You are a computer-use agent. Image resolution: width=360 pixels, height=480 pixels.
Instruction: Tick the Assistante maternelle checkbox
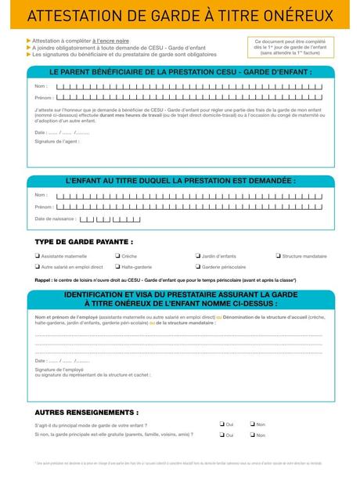38,256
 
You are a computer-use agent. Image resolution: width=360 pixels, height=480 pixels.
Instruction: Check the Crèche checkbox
117,256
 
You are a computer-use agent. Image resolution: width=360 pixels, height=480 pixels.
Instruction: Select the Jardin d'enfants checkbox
197,256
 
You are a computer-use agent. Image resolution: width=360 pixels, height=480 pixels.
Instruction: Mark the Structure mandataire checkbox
278,256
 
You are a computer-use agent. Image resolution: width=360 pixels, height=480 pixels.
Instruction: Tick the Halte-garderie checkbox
117,266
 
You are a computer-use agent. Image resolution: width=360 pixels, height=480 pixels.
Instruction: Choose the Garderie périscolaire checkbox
197,266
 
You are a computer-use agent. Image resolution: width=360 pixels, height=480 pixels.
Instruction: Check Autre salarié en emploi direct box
38,266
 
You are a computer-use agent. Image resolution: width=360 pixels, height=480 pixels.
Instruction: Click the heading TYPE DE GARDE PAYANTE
84,241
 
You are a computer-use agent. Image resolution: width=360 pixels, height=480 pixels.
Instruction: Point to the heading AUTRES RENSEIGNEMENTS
87,411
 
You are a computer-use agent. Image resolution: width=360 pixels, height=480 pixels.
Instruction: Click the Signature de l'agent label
56,141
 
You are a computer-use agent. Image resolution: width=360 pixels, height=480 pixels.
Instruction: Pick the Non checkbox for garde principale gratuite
252,435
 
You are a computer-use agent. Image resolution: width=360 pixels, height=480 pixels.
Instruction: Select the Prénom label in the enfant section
44,207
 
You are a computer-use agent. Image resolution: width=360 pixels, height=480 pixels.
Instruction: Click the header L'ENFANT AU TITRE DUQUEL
180,179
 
